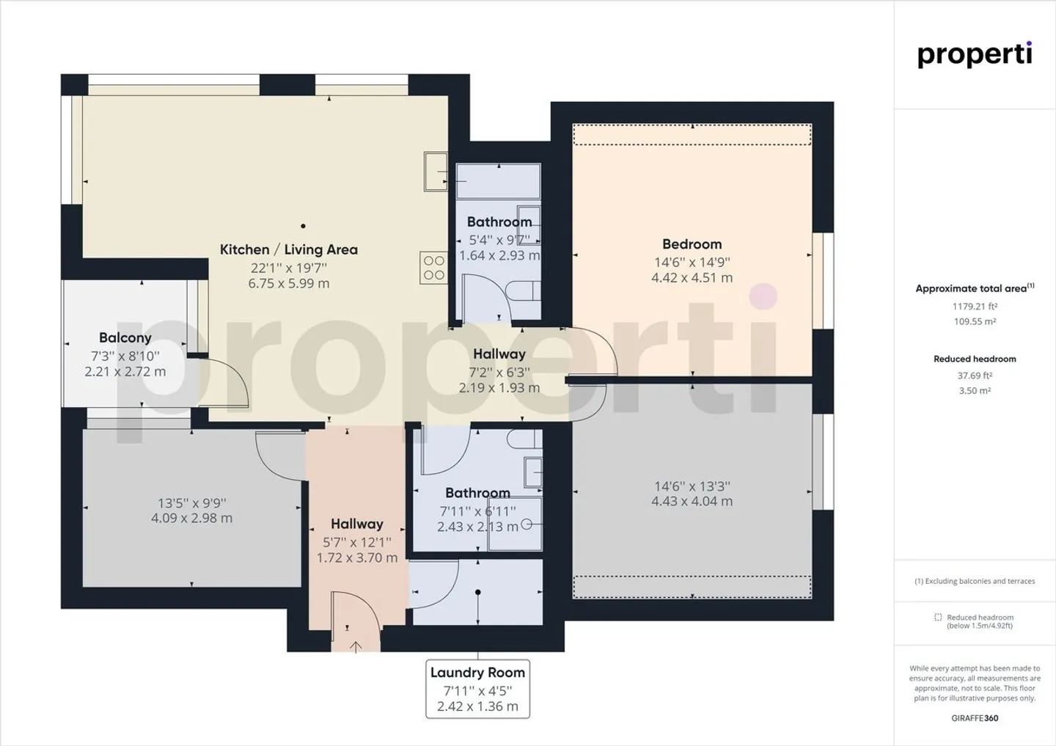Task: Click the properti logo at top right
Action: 975,55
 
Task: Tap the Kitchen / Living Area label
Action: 288,249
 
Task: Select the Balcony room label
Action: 125,337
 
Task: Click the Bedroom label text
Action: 692,244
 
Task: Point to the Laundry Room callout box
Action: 477,689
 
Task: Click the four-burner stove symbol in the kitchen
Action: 433,268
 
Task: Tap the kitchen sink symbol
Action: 435,172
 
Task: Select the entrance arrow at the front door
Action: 356,646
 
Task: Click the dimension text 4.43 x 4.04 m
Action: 692,502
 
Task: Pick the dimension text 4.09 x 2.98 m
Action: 191,518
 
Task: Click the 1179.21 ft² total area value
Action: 975,307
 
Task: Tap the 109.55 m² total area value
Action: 975,321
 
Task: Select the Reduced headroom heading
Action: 975,359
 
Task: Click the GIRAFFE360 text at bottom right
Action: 975,718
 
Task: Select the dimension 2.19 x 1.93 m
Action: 499,388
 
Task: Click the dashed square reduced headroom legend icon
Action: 938,618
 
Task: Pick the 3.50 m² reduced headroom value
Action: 975,391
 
